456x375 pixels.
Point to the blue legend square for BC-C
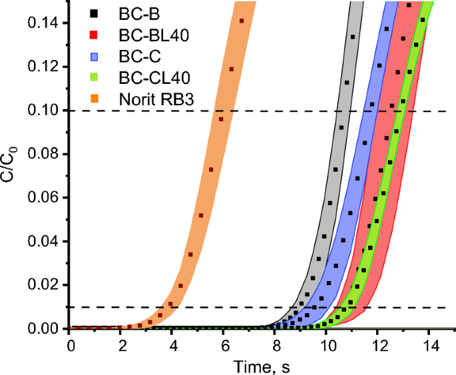pos(95,57)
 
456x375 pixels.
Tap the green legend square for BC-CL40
pos(95,79)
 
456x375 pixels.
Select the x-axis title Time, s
pos(261,366)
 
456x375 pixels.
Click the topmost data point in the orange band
pos(242,21)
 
